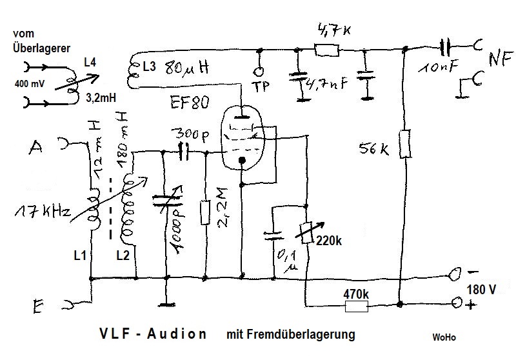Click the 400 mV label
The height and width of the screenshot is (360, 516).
pos(29,85)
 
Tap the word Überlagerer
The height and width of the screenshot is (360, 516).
pos(41,47)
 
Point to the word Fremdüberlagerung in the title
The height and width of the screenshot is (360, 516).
pos(291,335)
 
